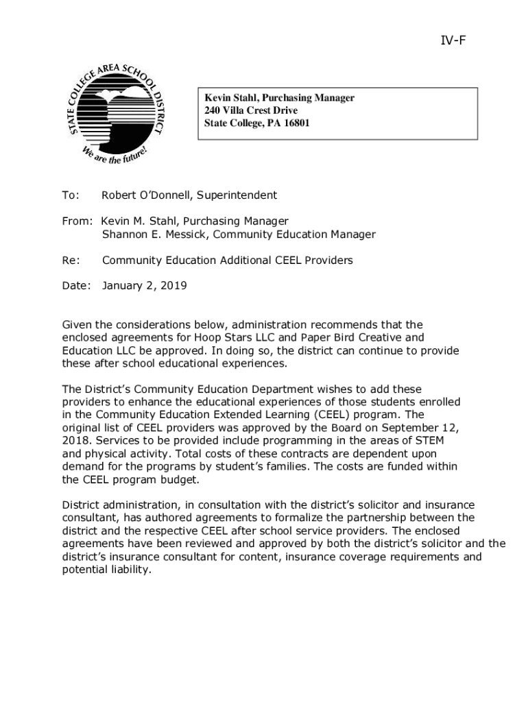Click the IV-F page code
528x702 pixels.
point(453,40)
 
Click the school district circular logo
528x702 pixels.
point(116,114)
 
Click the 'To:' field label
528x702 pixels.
point(71,195)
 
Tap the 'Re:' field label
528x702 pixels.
point(71,261)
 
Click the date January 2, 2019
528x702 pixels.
point(144,286)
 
